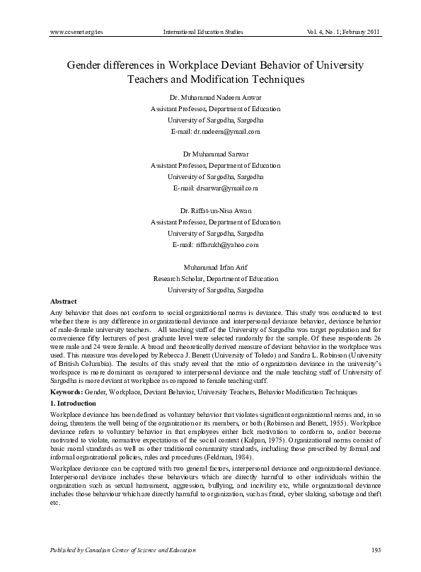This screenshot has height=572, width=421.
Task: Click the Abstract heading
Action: (64, 301)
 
